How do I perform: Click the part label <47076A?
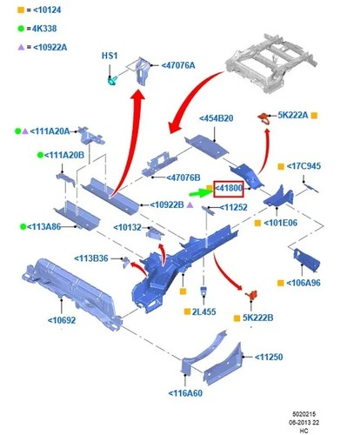(178, 65)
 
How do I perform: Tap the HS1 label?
(110, 56)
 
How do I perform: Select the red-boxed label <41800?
(229, 189)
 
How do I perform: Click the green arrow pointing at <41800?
(201, 192)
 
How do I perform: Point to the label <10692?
(62, 320)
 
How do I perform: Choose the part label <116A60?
(185, 393)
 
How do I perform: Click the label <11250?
(269, 357)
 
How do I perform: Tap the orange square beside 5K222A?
(314, 116)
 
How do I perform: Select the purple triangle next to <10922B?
(190, 205)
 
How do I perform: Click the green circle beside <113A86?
(23, 226)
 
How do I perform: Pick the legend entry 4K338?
(44, 29)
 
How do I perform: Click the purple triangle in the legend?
(21, 47)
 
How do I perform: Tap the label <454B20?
(217, 118)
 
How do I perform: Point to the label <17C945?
(303, 166)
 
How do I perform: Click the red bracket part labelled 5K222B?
(251, 295)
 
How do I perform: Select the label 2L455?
(203, 311)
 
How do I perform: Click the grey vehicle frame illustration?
(271, 64)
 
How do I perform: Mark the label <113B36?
(91, 258)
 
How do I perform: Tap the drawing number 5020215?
(303, 414)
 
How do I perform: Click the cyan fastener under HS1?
(112, 80)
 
